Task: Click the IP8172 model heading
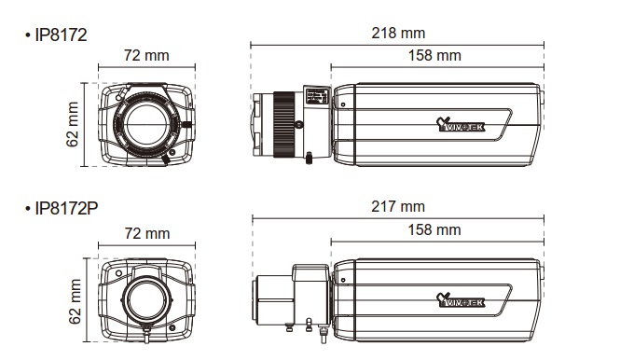click(61, 35)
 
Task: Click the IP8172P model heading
click(66, 208)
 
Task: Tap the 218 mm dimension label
click(398, 33)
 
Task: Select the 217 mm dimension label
click(398, 206)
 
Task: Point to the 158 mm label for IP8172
click(434, 55)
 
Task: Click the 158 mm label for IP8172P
click(434, 229)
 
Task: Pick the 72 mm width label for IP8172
click(146, 55)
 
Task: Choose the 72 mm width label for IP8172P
click(147, 233)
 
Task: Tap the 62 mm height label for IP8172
click(73, 124)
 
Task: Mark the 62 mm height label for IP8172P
click(75, 301)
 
